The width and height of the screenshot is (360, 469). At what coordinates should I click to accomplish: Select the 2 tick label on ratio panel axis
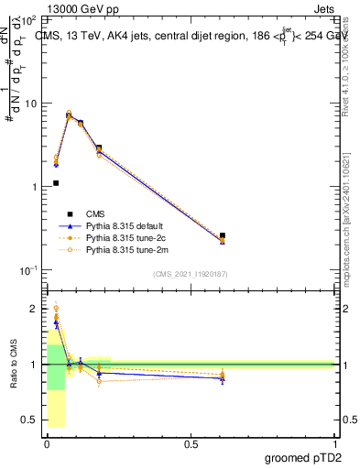click(x=34, y=309)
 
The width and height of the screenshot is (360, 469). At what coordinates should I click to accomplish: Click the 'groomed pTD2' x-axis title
click(x=305, y=458)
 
